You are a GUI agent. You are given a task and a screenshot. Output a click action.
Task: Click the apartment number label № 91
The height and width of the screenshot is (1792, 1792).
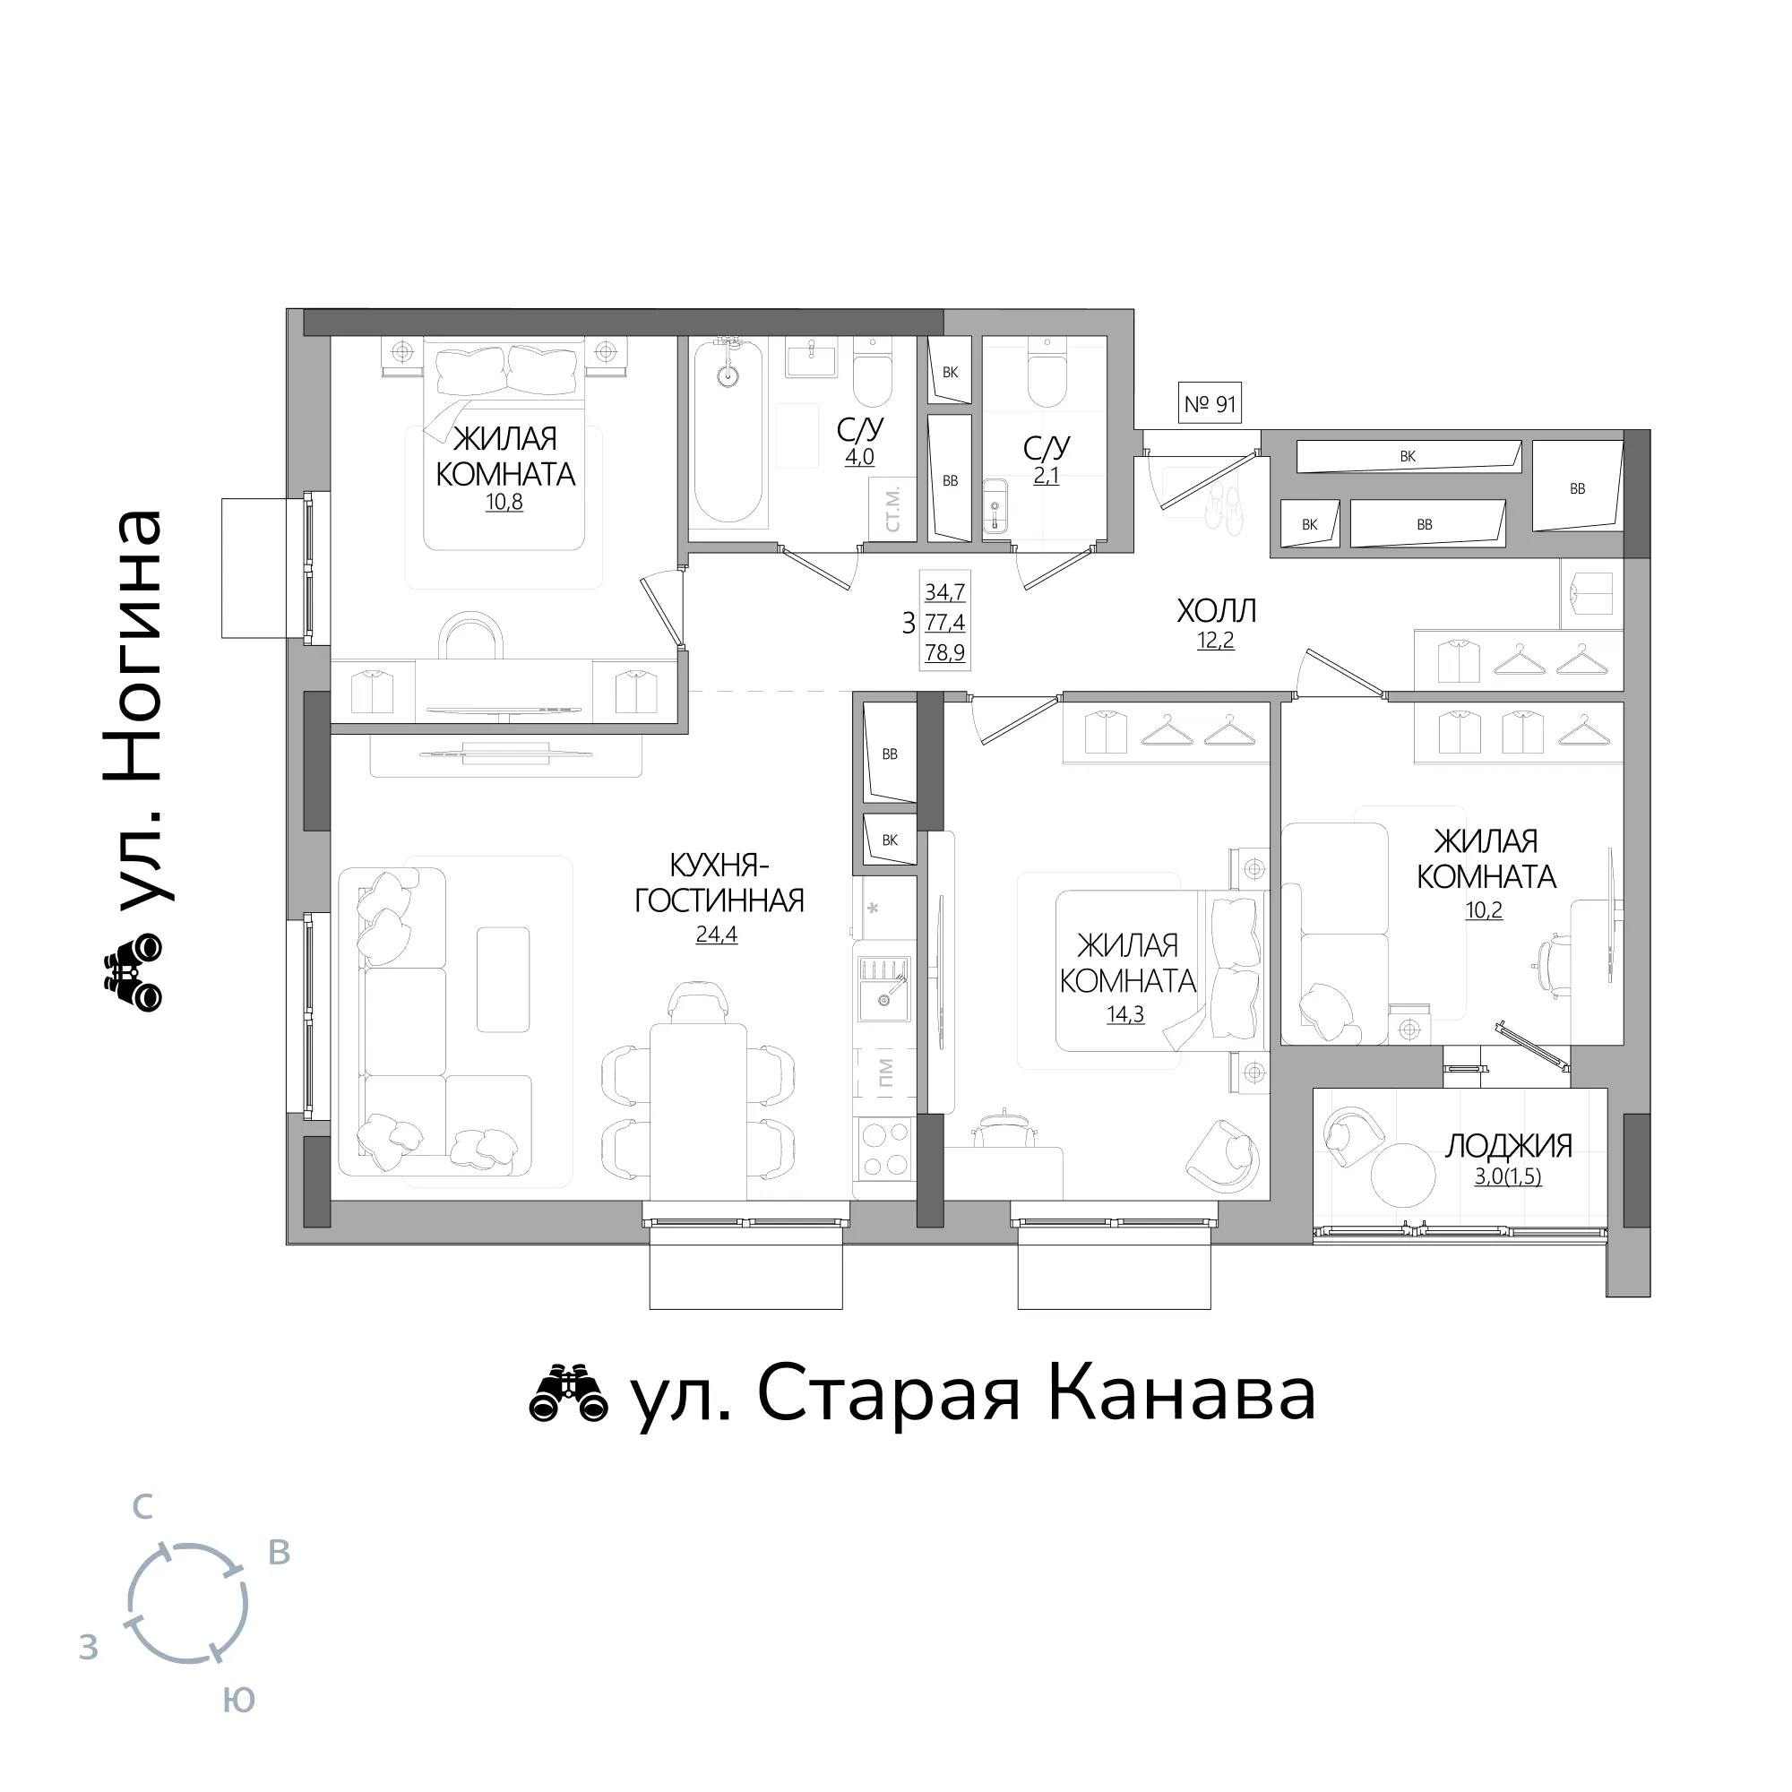[x=1210, y=403]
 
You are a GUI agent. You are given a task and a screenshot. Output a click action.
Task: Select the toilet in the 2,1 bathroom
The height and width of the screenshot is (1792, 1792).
[x=1047, y=373]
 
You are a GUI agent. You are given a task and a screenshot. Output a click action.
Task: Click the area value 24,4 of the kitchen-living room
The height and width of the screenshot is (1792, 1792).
[x=716, y=934]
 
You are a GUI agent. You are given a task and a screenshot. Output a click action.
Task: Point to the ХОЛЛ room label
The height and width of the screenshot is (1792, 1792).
[x=1216, y=611]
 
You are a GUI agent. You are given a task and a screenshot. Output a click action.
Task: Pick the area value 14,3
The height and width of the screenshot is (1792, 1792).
[x=1125, y=1015]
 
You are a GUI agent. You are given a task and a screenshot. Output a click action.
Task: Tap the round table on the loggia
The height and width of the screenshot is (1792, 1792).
[x=1403, y=1176]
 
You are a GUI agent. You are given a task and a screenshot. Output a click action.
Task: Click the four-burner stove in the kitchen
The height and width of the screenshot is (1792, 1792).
[x=885, y=1150]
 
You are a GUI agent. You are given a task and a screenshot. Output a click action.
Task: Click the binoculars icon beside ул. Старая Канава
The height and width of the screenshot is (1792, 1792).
[x=568, y=1394]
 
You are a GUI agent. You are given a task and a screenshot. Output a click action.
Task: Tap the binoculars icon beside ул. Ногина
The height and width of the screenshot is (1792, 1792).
[x=133, y=972]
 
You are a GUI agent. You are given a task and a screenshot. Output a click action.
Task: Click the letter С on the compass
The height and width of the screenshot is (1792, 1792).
[x=142, y=1507]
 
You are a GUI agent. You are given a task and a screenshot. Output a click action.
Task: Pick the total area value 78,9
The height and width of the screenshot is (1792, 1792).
[x=944, y=652]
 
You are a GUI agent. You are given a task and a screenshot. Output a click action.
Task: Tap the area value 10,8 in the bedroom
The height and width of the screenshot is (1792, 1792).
[x=504, y=503]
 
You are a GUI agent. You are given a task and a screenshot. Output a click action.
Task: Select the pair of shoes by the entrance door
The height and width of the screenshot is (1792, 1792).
[x=1224, y=510]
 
